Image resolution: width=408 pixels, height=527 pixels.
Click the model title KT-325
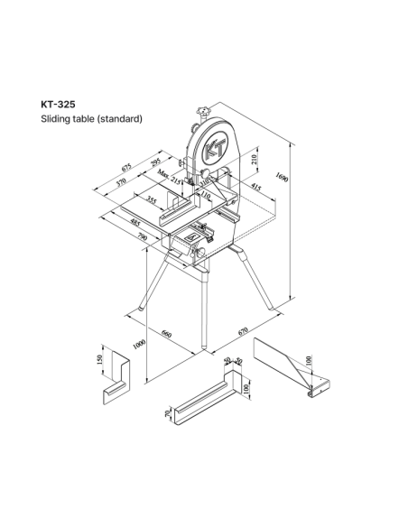tap(58, 105)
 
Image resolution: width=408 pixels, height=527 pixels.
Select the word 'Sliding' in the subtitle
tap(51, 119)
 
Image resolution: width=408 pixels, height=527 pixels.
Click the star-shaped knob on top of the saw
tap(203, 110)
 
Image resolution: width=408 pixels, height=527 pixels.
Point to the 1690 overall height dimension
tap(282, 177)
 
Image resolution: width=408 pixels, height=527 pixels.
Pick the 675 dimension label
tap(126, 167)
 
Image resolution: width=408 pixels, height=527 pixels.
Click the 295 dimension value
tap(156, 162)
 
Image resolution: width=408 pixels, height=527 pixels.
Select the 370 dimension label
tap(121, 181)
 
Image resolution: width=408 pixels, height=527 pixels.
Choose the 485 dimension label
tap(135, 222)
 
